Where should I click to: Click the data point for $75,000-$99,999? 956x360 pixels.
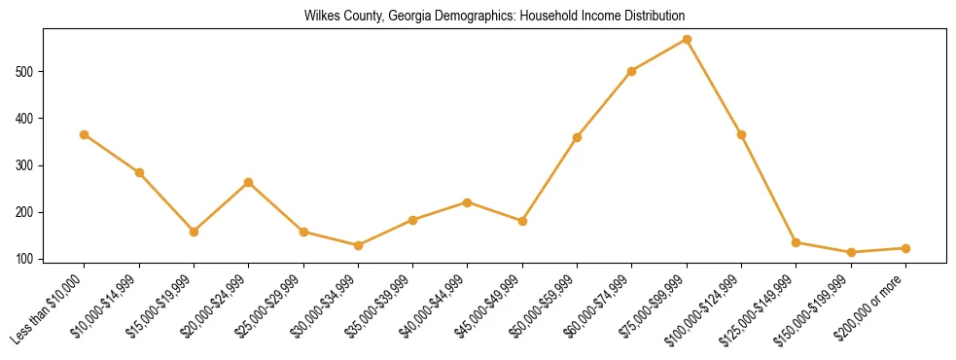(687, 39)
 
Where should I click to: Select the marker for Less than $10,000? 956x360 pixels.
(85, 134)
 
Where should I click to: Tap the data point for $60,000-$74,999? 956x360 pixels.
(632, 71)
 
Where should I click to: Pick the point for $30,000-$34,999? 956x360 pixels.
(358, 245)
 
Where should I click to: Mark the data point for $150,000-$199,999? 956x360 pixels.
(851, 252)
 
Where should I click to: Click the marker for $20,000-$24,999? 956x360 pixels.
(249, 182)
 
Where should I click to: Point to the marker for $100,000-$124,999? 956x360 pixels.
(741, 134)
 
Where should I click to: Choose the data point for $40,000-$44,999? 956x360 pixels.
(468, 202)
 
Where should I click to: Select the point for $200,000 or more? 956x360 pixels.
(905, 248)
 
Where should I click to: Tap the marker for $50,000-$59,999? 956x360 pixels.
(577, 137)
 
